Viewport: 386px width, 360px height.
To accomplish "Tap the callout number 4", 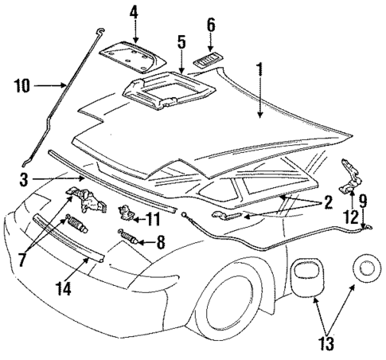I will coord(134,12).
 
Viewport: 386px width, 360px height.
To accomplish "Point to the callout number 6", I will coord(211,25).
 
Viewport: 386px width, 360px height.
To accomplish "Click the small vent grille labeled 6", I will coord(210,61).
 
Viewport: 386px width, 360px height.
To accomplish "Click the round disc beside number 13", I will coord(367,268).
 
